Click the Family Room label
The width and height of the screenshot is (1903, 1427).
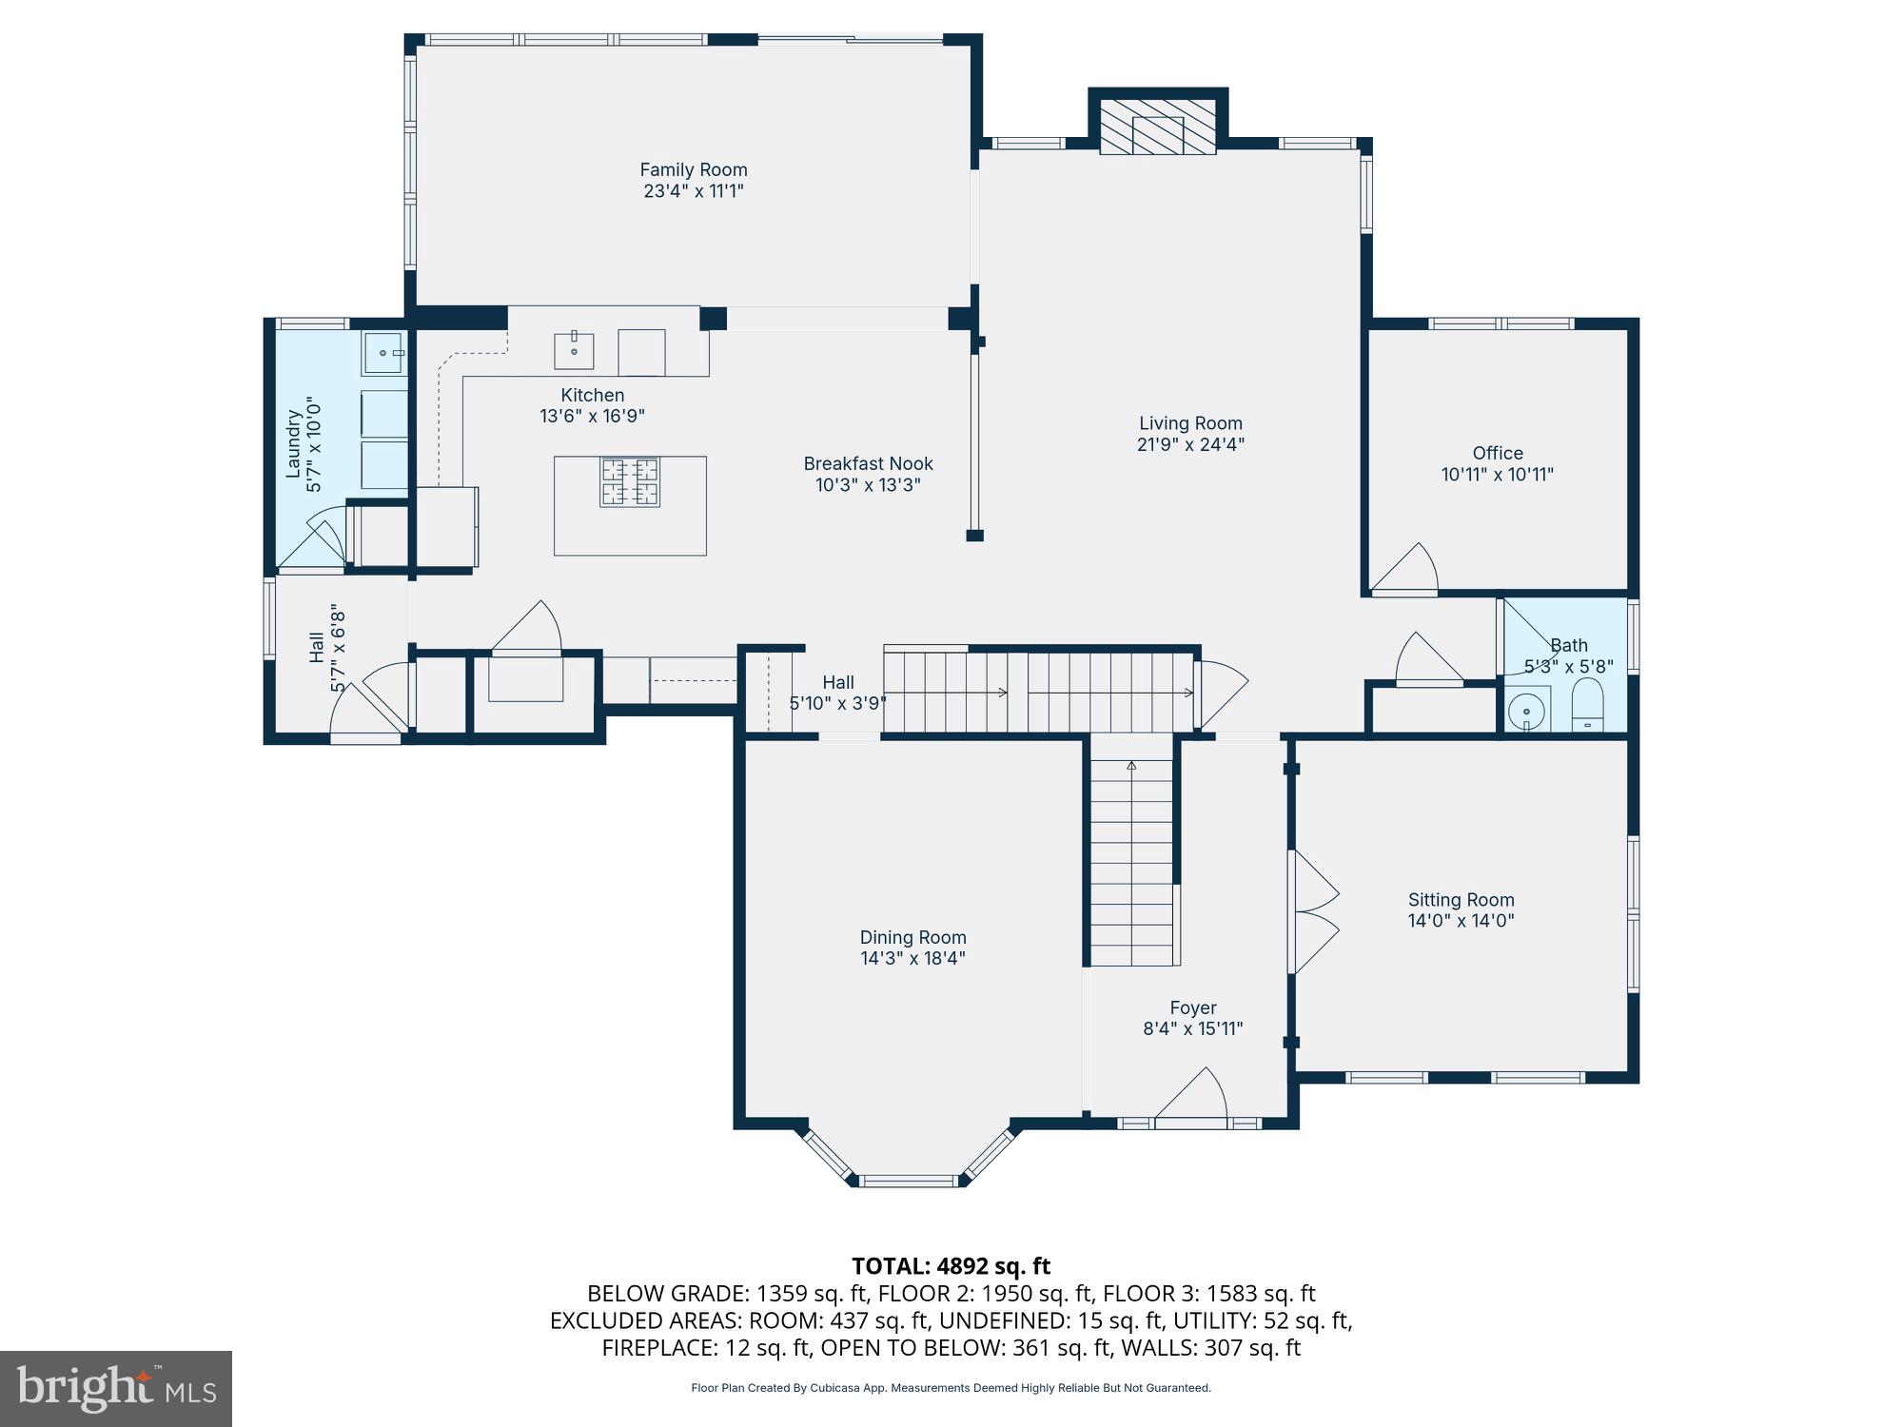click(x=694, y=170)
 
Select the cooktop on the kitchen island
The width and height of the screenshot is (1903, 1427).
click(x=629, y=481)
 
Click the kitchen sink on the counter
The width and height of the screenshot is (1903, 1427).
click(x=574, y=351)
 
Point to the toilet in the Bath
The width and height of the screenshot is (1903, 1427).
click(x=1587, y=705)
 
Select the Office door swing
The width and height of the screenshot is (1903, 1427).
click(x=1405, y=568)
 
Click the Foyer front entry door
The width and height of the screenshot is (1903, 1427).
click(x=1191, y=1096)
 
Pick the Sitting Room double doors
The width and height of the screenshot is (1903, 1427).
click(x=1314, y=911)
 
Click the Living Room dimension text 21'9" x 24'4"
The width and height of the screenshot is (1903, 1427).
click(x=1191, y=444)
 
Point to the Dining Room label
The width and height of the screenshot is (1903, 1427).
click(x=913, y=938)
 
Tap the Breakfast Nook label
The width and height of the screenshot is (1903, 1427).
click(x=869, y=464)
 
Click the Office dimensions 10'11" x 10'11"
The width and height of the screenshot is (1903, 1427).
click(x=1498, y=475)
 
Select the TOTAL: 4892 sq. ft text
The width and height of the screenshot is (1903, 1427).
click(x=951, y=1266)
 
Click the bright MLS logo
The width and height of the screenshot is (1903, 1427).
click(x=116, y=1388)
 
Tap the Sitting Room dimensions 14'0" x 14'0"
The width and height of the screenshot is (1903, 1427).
click(x=1462, y=921)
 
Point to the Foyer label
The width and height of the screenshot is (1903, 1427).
click(x=1193, y=1008)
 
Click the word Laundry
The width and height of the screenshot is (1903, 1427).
click(x=294, y=444)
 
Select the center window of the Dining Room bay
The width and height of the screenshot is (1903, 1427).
click(x=908, y=1181)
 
